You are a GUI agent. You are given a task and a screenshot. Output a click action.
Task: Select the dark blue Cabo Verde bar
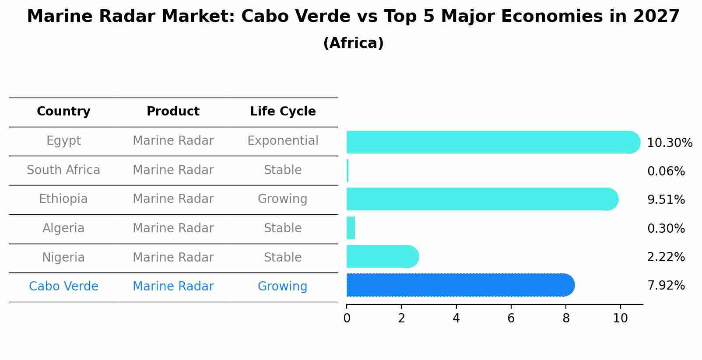coord(460,285)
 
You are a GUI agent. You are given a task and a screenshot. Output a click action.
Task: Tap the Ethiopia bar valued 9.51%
coord(481,199)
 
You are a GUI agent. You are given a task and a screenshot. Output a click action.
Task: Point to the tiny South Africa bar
coord(347,171)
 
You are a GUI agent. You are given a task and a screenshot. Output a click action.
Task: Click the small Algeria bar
coord(351,228)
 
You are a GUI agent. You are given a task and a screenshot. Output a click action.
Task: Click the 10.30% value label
coord(669,143)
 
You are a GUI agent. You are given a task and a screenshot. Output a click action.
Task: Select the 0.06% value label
coord(666,171)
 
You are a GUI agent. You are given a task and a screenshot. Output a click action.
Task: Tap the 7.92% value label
coord(666,286)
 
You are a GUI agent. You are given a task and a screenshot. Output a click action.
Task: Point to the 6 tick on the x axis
coord(511,318)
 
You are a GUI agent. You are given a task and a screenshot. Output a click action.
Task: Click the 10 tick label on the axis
coord(620,318)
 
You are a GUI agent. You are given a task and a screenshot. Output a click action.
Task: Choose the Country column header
coord(63,112)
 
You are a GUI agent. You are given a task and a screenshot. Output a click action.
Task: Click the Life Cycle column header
coord(283,112)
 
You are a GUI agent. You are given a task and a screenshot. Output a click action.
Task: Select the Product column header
coord(173,112)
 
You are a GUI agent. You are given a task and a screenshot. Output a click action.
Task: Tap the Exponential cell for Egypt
coord(283,141)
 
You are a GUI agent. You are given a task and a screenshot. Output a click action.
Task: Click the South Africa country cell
coord(63,170)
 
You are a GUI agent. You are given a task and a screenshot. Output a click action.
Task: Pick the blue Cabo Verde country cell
coord(63,287)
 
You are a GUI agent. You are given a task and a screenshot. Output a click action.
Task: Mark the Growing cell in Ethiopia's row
coord(283,199)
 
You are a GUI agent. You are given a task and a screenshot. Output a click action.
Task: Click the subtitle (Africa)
coord(353,43)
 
